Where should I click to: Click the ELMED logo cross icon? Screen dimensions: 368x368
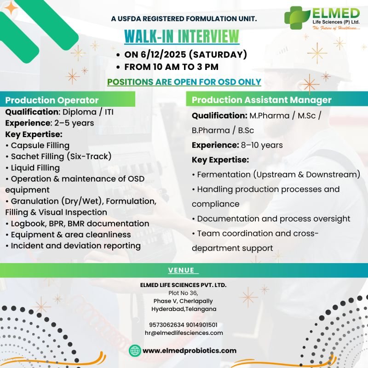pos(296,17)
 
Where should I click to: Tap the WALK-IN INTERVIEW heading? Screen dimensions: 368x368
pos(182,36)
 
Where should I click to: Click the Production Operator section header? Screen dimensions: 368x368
pos(52,100)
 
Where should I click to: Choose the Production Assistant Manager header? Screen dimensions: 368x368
pos(261,100)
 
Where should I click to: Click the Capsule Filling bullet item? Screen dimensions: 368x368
pos(40,145)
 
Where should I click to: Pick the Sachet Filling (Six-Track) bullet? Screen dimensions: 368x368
pos(61,156)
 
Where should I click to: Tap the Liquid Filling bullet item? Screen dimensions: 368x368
pos(35,167)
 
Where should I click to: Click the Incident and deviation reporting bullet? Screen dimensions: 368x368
pos(75,246)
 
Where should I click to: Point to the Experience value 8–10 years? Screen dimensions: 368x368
pos(262,145)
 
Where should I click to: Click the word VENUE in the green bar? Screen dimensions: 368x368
pos(181,270)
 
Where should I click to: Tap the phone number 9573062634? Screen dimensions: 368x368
pos(166,325)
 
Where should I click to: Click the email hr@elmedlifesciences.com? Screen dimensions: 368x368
pos(184,333)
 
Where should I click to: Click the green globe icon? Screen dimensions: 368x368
pos(134,351)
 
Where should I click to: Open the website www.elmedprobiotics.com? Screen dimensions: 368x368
pos(190,351)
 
